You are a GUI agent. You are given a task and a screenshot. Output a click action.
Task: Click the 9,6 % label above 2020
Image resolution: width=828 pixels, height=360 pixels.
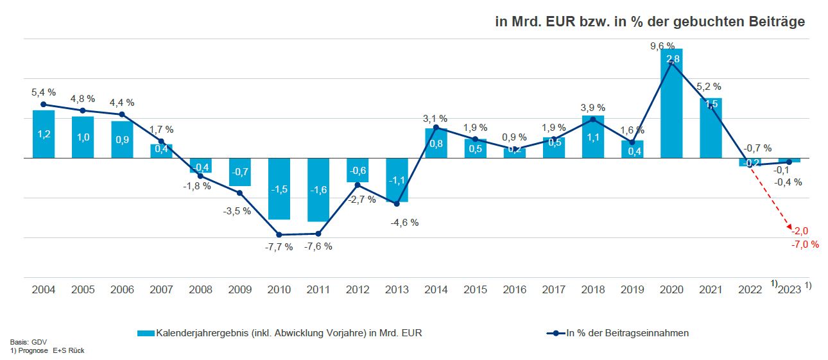662,46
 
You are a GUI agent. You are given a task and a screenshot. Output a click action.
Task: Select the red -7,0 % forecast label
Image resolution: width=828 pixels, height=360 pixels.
805,244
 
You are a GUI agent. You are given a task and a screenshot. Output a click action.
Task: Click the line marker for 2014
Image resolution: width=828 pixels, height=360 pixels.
436,127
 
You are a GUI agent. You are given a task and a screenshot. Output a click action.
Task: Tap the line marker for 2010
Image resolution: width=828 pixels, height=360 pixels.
279,234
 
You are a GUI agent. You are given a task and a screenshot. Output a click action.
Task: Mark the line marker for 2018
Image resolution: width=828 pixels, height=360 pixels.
593,119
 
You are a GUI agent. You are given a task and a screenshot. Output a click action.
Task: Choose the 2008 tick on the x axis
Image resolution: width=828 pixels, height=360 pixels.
200,290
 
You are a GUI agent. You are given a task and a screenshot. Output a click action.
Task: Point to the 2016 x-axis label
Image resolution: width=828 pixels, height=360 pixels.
514,290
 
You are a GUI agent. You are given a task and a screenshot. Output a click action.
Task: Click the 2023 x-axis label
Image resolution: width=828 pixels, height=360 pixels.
789,290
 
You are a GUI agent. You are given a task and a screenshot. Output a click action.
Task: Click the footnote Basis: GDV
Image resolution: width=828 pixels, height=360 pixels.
24,342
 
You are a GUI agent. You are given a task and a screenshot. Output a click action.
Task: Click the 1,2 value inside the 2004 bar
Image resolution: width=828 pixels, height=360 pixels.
44,134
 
